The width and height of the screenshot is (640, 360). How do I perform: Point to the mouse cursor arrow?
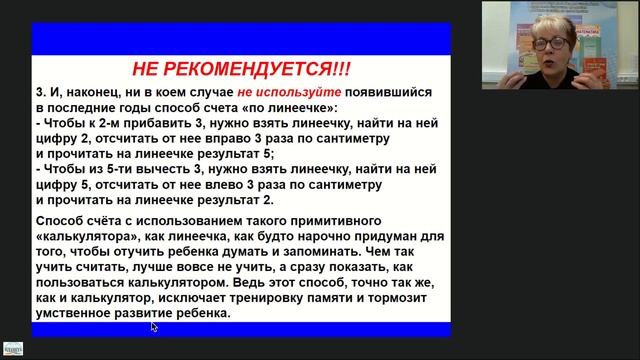click(154, 326)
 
